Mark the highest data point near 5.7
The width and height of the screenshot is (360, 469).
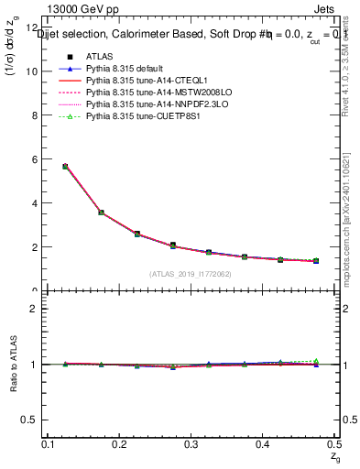pos(65,166)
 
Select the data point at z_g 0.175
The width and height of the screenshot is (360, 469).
pos(101,213)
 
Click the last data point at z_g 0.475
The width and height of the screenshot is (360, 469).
pos(315,261)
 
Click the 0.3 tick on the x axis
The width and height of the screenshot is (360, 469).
pos(191,444)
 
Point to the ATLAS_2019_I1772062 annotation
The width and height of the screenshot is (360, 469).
pos(191,274)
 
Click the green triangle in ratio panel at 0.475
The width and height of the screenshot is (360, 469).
pos(315,361)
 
